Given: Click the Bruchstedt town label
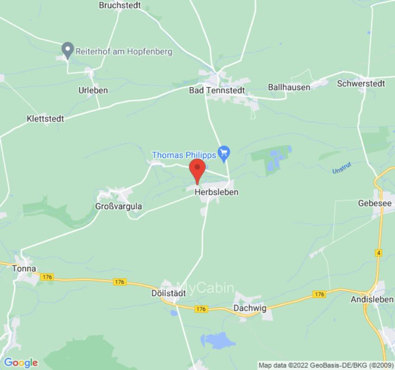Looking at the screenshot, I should click(x=119, y=6).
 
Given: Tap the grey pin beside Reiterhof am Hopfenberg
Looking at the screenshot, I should click(x=68, y=49).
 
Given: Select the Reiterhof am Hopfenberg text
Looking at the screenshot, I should click(x=124, y=51).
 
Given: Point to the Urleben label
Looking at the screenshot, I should click(x=93, y=90).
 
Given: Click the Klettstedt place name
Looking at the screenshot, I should click(x=45, y=119).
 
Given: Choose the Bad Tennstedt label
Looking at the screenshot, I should click(x=217, y=90).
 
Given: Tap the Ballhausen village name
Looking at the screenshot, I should click(x=289, y=87).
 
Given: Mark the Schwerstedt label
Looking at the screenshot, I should click(x=361, y=84).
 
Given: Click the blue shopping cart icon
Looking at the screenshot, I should click(x=224, y=153).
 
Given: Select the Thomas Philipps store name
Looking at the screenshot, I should click(x=184, y=155).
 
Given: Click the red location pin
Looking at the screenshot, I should click(x=198, y=170).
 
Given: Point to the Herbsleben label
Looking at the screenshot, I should click(x=216, y=192).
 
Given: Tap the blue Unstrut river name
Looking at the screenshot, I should click(x=342, y=170).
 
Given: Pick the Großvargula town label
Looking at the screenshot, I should click(x=119, y=206).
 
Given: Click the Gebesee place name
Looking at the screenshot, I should click(x=375, y=203).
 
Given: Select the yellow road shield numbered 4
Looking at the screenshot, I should click(x=379, y=253).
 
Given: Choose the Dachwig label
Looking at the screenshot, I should click(x=250, y=308).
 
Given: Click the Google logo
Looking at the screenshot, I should click(x=20, y=363).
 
